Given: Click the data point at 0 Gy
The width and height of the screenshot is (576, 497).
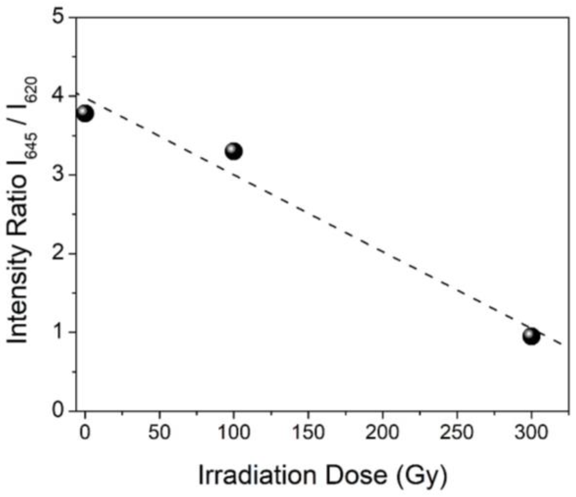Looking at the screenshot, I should [85, 114].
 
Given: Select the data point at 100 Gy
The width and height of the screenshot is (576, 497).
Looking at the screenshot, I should [234, 151].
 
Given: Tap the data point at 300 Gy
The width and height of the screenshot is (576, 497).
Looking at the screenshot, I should [531, 336].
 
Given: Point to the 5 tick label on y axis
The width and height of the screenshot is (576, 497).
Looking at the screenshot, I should [59, 16].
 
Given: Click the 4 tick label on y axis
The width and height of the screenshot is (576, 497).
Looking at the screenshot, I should [59, 96].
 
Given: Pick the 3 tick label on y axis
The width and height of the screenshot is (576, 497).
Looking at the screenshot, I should [59, 174].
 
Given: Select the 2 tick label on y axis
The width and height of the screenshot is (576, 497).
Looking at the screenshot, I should [59, 253].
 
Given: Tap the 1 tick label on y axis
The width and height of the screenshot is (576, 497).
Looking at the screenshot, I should [59, 332].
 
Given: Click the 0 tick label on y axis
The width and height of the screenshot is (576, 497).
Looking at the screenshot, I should [59, 410].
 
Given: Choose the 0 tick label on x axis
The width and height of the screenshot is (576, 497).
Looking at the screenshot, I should [85, 432].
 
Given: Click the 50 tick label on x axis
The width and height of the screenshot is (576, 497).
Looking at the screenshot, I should [159, 432].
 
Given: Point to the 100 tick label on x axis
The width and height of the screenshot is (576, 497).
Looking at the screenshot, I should [234, 432].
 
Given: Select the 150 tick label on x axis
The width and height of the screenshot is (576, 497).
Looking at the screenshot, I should [308, 432].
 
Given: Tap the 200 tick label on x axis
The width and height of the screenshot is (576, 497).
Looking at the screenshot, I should [382, 432].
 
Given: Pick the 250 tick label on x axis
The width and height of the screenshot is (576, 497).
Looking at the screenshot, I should [457, 432].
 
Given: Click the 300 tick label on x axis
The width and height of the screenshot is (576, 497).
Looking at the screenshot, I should [531, 432].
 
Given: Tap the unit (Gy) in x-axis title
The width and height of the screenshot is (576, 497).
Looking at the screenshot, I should [421, 476].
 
